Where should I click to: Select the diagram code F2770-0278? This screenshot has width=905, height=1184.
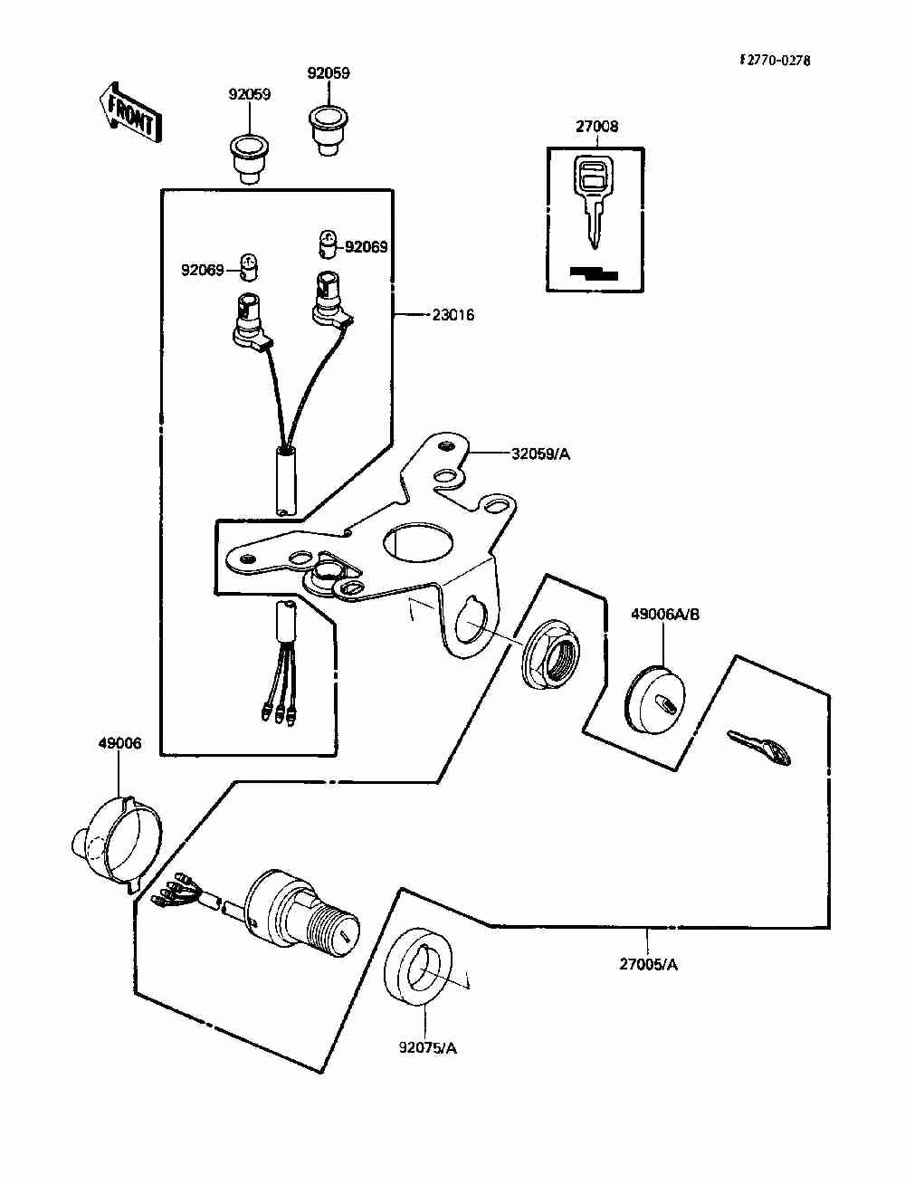click(x=775, y=61)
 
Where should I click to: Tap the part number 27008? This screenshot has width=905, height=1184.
click(x=596, y=127)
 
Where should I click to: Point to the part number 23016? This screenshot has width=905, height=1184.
click(x=452, y=315)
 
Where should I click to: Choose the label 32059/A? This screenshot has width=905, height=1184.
click(x=539, y=454)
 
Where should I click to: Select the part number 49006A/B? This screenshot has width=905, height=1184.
click(x=665, y=615)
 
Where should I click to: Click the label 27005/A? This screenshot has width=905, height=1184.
click(x=648, y=964)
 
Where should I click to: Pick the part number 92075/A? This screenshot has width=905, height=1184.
click(x=428, y=1048)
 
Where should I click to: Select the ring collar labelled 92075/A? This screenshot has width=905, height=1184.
click(x=418, y=968)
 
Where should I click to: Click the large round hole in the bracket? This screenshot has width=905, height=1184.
click(x=418, y=546)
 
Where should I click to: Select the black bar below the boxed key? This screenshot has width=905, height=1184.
click(x=594, y=272)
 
